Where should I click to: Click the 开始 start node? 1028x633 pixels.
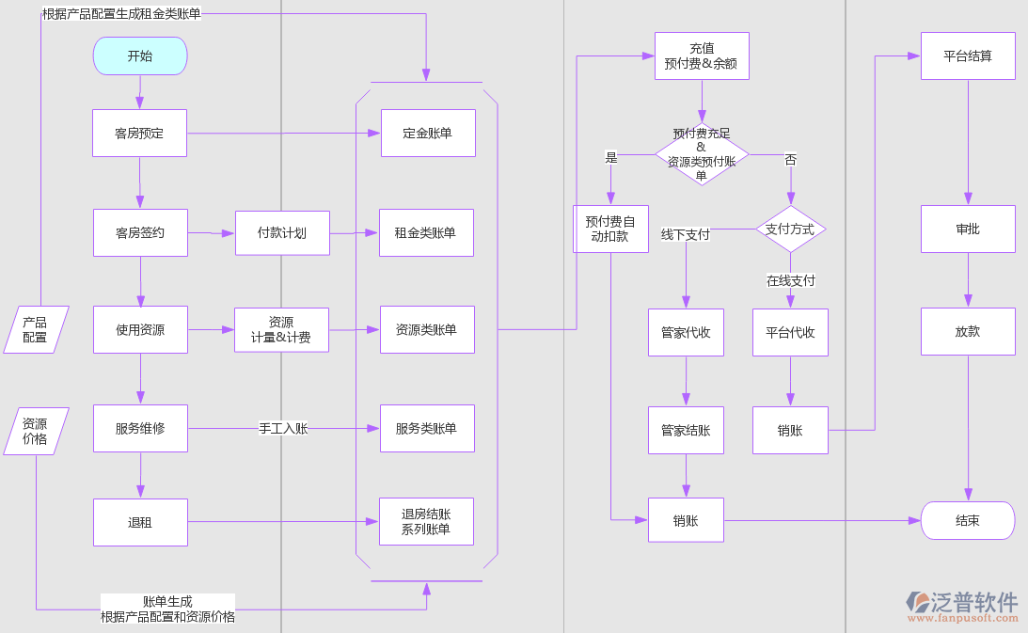click(140, 56)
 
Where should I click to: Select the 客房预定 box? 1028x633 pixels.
click(139, 134)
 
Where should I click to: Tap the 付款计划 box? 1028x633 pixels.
click(282, 233)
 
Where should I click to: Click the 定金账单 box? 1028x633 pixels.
click(428, 134)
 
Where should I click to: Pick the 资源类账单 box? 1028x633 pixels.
click(427, 330)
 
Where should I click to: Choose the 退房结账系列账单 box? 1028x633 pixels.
click(426, 522)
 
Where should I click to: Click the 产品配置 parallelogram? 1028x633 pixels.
click(36, 330)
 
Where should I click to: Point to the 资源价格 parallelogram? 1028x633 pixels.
click(36, 432)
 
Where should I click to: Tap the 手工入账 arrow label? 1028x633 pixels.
click(283, 429)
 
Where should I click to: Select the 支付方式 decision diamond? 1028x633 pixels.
click(790, 229)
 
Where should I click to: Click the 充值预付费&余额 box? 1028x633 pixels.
click(702, 56)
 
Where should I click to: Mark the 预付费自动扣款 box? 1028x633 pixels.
click(610, 229)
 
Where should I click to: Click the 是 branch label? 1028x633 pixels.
click(611, 158)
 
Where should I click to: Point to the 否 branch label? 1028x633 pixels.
click(790, 160)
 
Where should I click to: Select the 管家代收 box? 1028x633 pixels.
click(686, 333)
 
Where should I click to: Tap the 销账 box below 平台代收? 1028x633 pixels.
click(790, 431)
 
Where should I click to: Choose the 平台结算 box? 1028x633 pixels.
click(968, 56)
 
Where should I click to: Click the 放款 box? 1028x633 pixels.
click(968, 332)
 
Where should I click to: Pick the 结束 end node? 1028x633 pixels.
click(968, 520)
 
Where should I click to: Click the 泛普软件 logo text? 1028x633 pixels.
click(974, 601)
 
